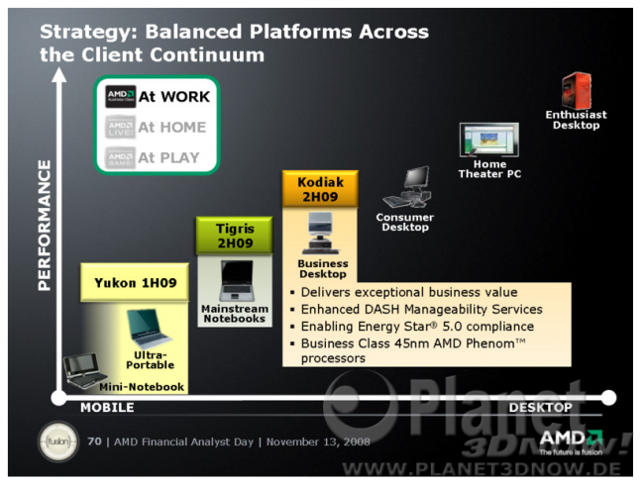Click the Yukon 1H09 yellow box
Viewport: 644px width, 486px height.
point(135,283)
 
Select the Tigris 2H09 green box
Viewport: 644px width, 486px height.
point(235,236)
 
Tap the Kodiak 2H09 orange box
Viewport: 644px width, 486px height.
point(320,189)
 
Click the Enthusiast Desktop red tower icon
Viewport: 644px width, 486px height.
point(577,91)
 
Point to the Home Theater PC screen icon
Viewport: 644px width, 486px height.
point(489,140)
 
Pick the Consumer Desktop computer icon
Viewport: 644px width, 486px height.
point(407,187)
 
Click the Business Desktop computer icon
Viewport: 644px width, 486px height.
point(321,234)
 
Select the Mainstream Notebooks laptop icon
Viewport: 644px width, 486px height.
point(237,281)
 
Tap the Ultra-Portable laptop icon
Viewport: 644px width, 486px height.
point(149,330)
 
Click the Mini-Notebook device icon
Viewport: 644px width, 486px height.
point(85,370)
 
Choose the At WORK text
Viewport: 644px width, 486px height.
point(174,97)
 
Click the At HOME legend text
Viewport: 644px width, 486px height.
point(172,128)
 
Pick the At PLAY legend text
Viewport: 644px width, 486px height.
point(168,157)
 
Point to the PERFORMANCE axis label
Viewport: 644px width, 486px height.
point(45,226)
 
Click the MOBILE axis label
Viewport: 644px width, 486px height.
point(107,408)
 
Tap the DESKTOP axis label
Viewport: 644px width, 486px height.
point(541,408)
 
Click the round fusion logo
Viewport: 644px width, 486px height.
point(58,441)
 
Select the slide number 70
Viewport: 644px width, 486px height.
point(94,441)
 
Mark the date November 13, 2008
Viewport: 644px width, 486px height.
point(318,442)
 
